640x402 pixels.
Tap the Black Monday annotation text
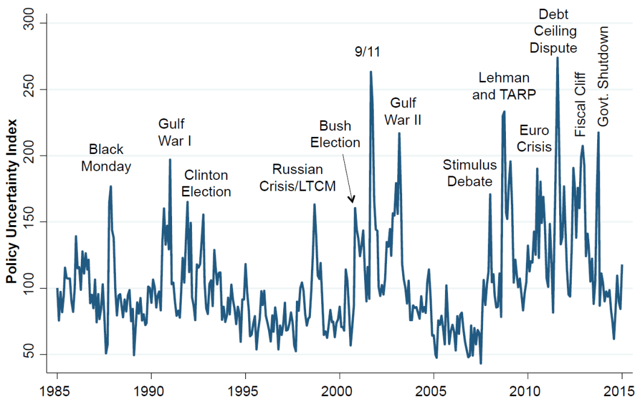106,158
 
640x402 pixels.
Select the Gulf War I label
175,133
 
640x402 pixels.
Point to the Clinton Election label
207,183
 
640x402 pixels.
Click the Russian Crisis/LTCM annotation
298,178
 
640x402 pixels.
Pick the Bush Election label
339,135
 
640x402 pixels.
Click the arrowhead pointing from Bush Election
353,200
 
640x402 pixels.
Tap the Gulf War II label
403,111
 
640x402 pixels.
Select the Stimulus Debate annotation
470,173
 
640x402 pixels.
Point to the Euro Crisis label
534,138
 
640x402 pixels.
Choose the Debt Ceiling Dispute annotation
553,31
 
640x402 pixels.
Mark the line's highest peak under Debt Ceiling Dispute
557,58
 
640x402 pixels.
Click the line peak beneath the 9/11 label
370,72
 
